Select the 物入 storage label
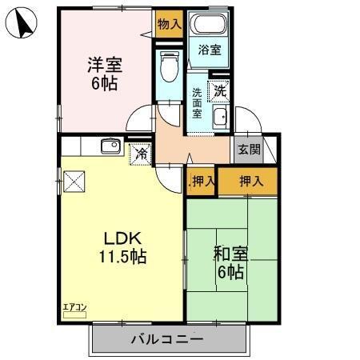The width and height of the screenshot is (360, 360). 168,25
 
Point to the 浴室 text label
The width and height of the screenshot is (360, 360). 210,50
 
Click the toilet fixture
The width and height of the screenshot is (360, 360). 169,69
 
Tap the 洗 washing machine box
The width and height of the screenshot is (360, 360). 218,91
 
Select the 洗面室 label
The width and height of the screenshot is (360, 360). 196,102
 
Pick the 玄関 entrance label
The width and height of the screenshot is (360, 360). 248,150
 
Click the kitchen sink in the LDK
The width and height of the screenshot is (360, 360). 110,146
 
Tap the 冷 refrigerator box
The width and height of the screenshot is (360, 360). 141,152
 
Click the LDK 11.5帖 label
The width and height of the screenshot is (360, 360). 122,247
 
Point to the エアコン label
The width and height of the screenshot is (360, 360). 74,306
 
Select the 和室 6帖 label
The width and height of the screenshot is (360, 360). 230,263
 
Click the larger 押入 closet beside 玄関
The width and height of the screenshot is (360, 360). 252,181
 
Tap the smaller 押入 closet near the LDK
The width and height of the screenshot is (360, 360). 202,181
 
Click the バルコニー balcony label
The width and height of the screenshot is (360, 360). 166,338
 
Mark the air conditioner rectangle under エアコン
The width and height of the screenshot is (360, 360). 74,315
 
